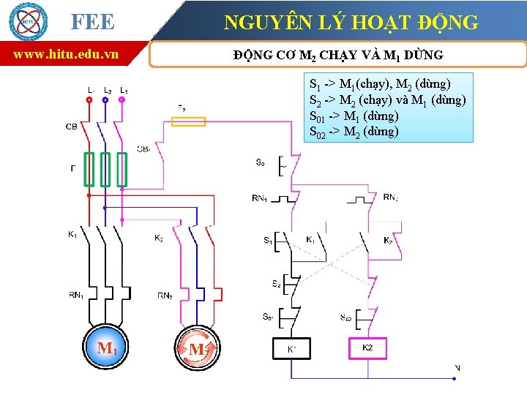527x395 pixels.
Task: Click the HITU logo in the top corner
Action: point(29,21)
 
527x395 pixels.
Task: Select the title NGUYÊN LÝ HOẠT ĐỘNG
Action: point(351,23)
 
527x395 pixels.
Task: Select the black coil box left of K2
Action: point(292,349)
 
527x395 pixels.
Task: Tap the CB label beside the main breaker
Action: point(72,127)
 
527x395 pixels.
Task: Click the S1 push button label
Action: point(268,240)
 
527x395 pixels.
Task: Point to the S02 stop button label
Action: point(346,317)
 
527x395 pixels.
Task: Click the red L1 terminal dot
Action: point(89,99)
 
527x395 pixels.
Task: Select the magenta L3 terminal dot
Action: point(122,99)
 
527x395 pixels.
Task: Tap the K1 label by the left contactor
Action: point(72,235)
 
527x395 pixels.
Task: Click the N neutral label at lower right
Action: point(457,367)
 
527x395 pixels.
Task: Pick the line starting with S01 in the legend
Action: point(354,116)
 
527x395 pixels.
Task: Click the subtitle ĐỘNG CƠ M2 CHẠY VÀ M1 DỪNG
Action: point(337,55)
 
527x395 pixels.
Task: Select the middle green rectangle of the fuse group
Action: point(105,170)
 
